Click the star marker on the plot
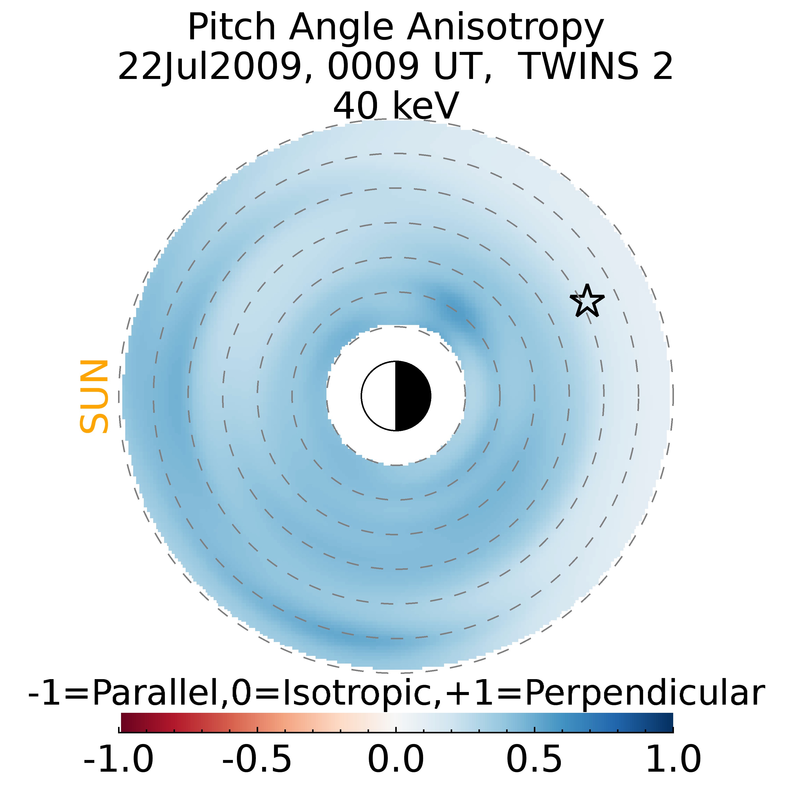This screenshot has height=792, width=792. tap(587, 301)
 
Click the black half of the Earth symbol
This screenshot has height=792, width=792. tap(412, 396)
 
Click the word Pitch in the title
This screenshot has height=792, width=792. tap(232, 28)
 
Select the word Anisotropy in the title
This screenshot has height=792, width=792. tap(505, 28)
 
